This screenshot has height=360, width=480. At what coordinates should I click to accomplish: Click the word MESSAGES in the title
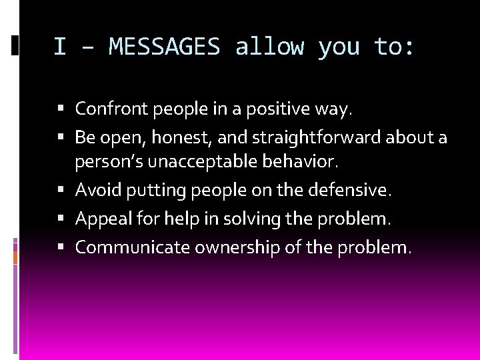point(164,47)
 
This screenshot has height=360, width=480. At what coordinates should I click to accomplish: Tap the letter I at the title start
point(60,47)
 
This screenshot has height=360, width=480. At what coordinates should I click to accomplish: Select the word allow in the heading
point(269,47)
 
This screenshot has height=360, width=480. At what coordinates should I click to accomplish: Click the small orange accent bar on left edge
point(15,256)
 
